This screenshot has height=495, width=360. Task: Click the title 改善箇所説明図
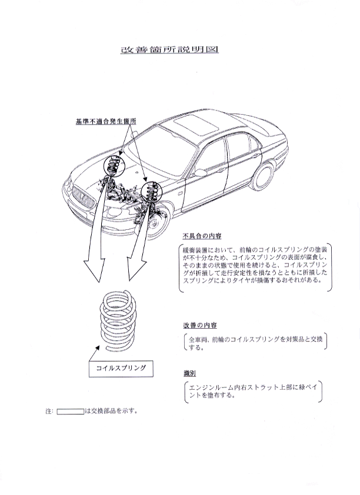click(169, 50)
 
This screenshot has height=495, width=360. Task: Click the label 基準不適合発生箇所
click(106, 122)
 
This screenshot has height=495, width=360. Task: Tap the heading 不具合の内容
click(202, 236)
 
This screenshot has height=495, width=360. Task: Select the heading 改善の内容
click(199, 326)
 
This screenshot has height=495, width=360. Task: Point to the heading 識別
click(189, 374)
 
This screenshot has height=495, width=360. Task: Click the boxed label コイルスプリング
click(121, 369)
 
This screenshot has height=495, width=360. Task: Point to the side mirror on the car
click(200, 173)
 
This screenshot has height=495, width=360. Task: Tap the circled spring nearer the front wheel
click(151, 191)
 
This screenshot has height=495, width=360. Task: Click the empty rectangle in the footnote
click(70, 412)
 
